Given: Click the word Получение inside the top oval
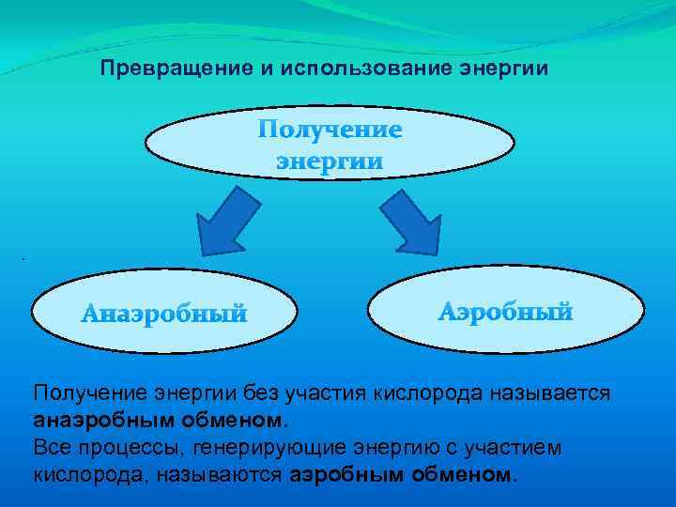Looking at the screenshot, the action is tap(330, 130).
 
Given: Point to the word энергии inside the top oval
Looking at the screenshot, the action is tap(330, 161).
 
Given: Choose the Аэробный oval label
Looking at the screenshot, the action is tap(505, 312).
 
